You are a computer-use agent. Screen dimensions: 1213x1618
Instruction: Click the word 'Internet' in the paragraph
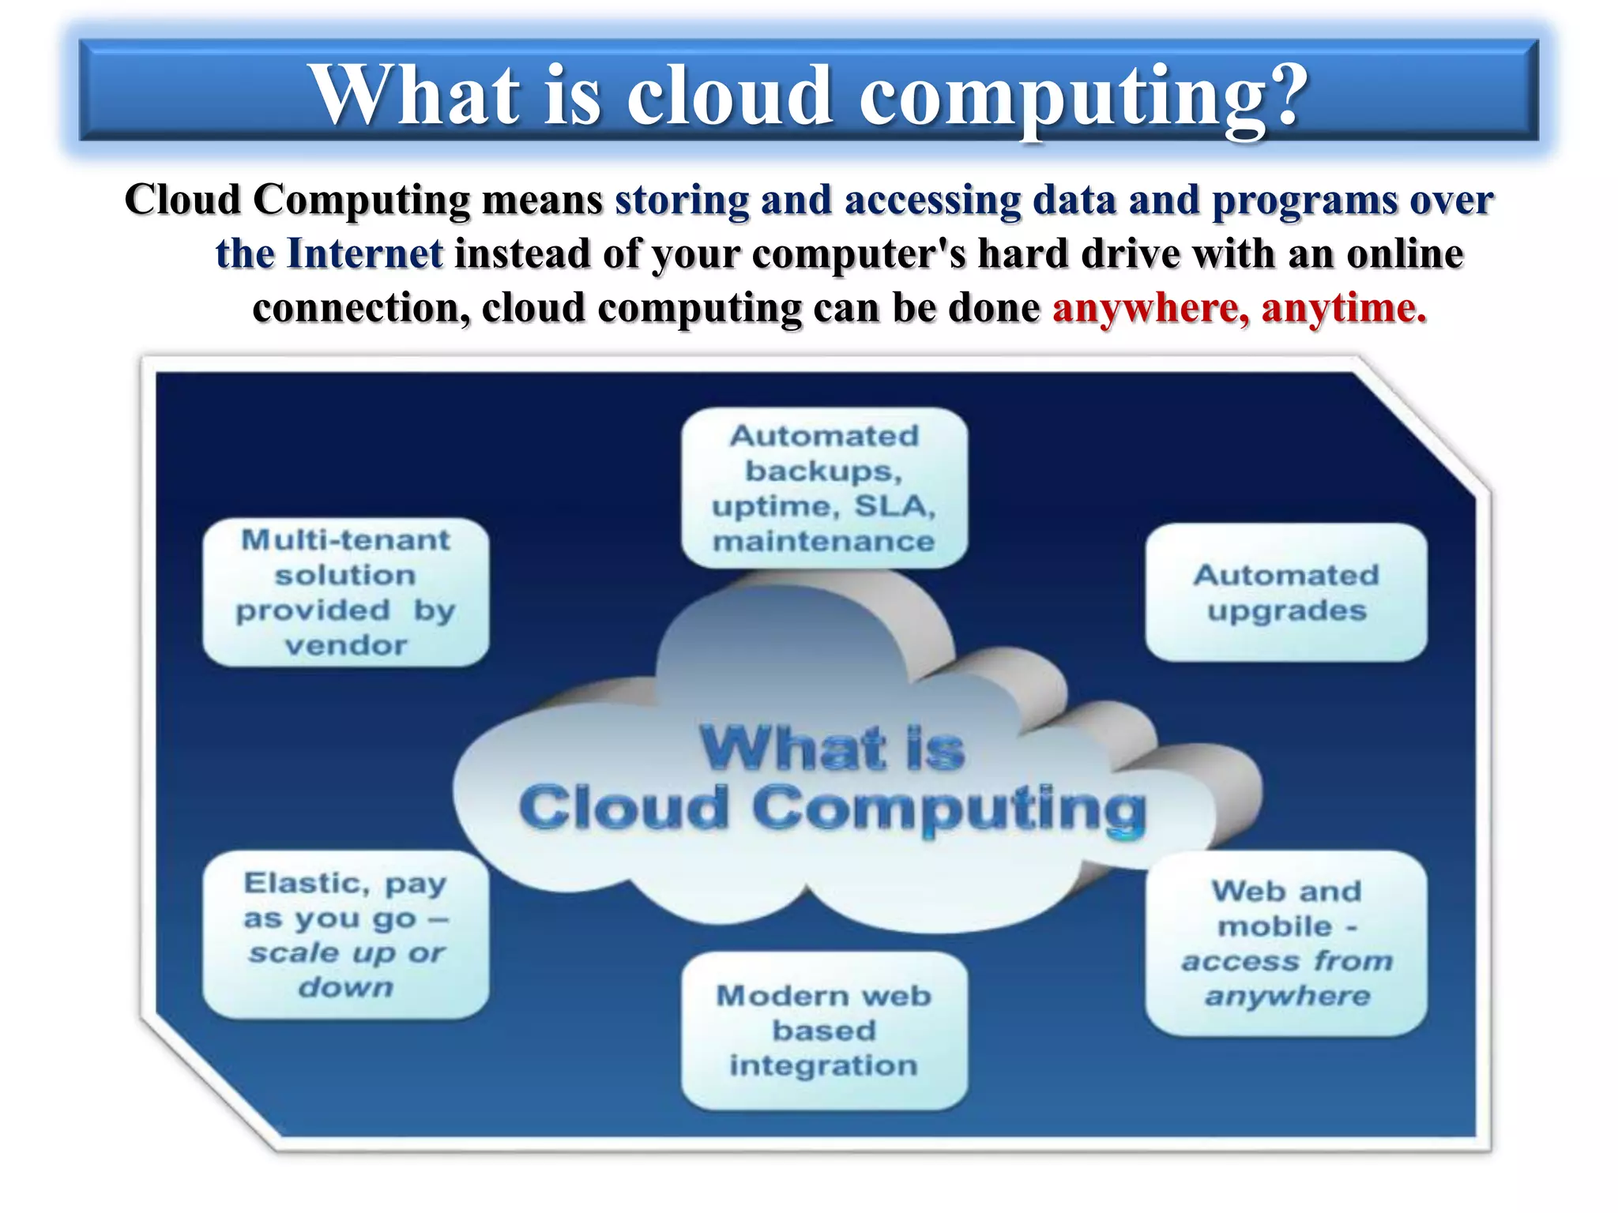point(364,254)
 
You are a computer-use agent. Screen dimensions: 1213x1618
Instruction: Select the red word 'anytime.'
point(1344,308)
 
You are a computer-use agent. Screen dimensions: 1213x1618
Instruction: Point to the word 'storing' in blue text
point(682,200)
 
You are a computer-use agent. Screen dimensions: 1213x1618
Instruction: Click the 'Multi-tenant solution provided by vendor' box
point(346,592)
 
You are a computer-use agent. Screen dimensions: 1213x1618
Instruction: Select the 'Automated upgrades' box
point(1285,592)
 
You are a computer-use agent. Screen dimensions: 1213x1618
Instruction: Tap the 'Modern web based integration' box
point(824,1031)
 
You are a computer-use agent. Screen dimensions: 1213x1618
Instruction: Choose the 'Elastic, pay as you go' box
point(346,934)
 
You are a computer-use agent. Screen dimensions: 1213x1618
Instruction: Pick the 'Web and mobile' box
point(1285,943)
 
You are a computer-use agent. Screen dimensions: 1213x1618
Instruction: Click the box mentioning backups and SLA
point(824,488)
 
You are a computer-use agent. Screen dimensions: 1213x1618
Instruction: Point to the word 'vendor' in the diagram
point(346,646)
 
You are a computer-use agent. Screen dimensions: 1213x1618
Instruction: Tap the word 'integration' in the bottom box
point(824,1066)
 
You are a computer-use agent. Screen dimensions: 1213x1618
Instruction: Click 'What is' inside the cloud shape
point(832,749)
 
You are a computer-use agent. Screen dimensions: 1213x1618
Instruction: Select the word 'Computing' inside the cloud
point(948,809)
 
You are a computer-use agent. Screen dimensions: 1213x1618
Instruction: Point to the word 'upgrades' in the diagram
point(1286,610)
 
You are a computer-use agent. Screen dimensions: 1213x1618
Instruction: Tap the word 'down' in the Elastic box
point(346,987)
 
